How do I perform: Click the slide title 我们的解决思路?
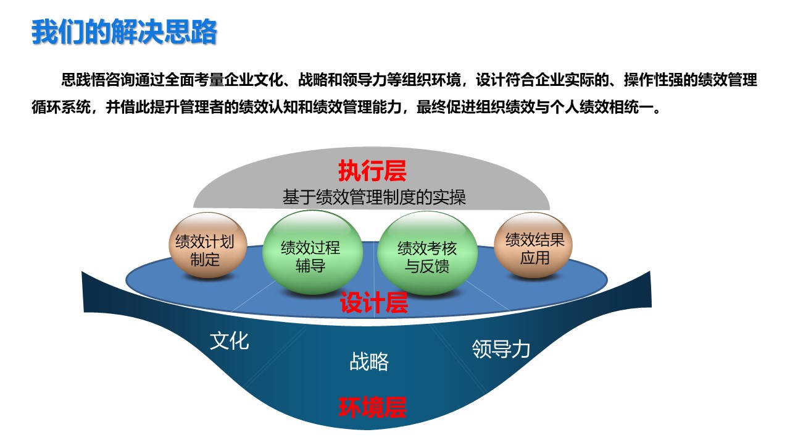[124, 32]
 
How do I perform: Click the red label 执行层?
[372, 171]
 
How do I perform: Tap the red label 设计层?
[374, 303]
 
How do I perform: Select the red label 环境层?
[372, 407]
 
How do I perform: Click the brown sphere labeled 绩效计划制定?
[207, 245]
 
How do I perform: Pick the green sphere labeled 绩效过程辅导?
[312, 252]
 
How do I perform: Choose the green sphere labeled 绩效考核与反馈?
[428, 253]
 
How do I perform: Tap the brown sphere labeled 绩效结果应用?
[533, 245]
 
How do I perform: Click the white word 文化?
[229, 341]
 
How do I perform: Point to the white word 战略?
[369, 362]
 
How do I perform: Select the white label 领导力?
[501, 349]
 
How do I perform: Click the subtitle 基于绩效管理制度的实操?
[374, 197]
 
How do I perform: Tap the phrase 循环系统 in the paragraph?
[60, 107]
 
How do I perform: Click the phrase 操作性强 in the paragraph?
[653, 80]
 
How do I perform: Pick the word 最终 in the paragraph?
[431, 107]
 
